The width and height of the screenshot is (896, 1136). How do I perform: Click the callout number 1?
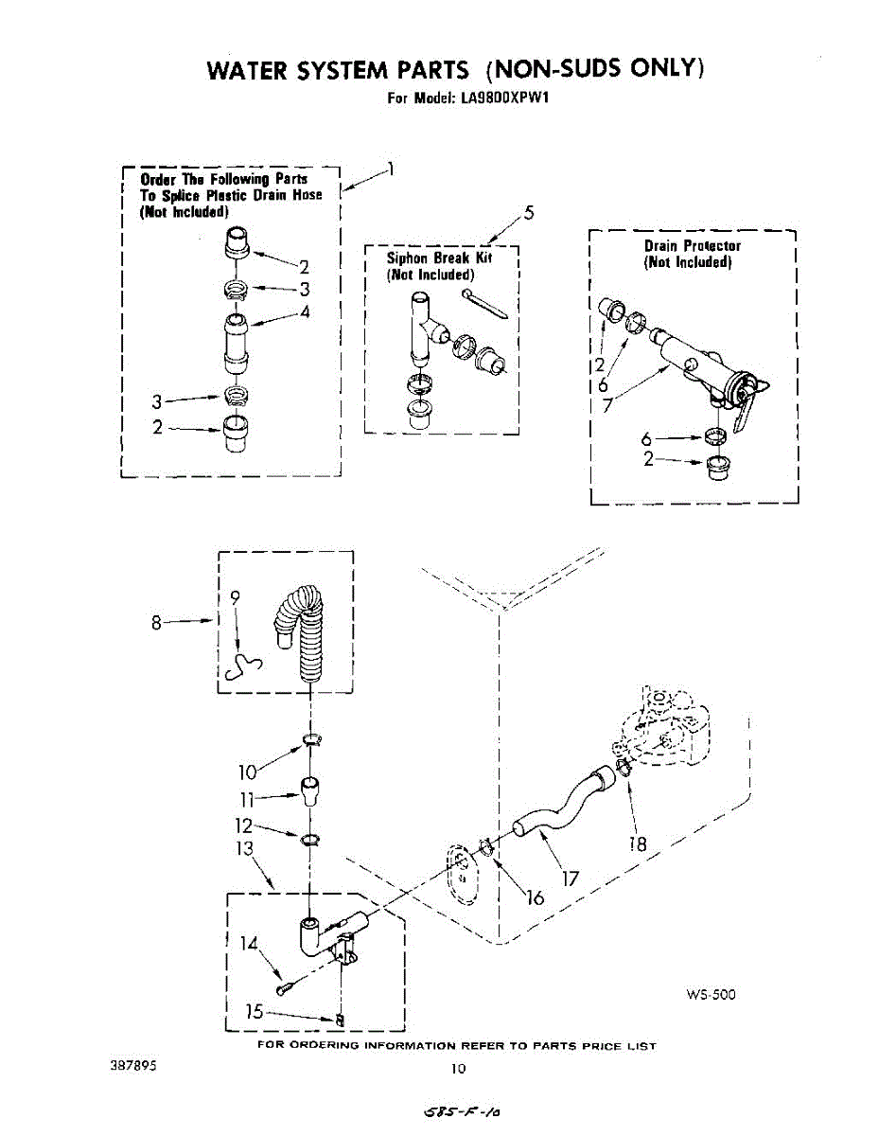pyautogui.click(x=391, y=170)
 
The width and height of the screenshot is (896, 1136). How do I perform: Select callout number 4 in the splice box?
pyautogui.click(x=304, y=313)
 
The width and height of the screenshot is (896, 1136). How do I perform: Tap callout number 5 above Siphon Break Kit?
pyautogui.click(x=530, y=212)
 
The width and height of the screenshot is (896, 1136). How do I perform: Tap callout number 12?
pyautogui.click(x=245, y=825)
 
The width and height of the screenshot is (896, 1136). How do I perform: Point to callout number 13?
pyautogui.click(x=246, y=849)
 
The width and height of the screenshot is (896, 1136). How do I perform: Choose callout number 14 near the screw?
pyautogui.click(x=248, y=943)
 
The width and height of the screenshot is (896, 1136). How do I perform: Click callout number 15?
pyautogui.click(x=254, y=1011)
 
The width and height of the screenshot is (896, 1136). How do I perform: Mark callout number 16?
pyautogui.click(x=535, y=896)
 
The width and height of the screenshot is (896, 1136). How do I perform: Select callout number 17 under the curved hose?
pyautogui.click(x=570, y=879)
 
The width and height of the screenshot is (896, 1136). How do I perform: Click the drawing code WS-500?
pyautogui.click(x=711, y=994)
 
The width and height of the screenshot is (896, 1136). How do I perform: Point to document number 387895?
pyautogui.click(x=133, y=1065)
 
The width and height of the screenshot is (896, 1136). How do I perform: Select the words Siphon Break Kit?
pyautogui.click(x=439, y=257)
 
